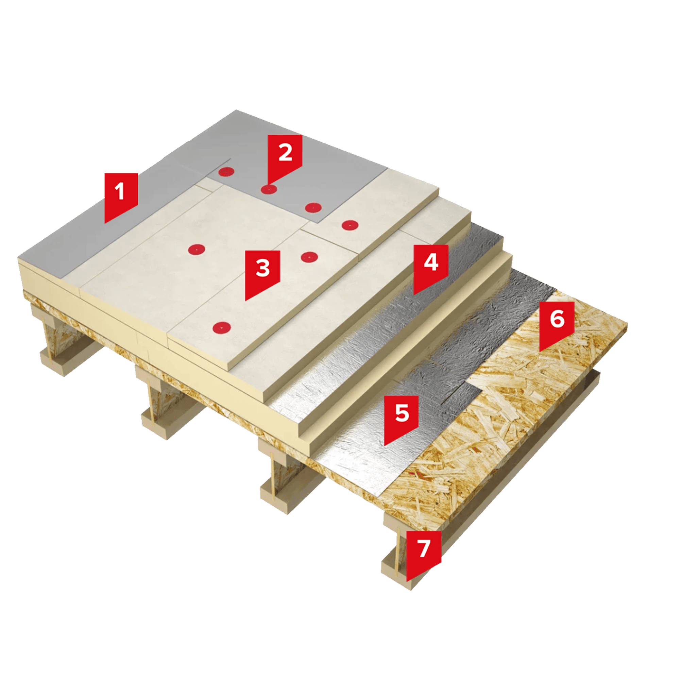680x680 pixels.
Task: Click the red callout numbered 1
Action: [121, 195]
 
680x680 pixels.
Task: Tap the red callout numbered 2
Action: [285, 156]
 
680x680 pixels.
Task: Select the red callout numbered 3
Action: [262, 272]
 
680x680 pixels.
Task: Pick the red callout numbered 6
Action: [557, 323]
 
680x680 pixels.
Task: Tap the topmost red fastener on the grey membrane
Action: [226, 172]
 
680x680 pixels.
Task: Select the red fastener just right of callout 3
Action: [309, 257]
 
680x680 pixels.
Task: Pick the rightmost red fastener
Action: [350, 224]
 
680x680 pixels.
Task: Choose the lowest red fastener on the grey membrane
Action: [313, 208]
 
